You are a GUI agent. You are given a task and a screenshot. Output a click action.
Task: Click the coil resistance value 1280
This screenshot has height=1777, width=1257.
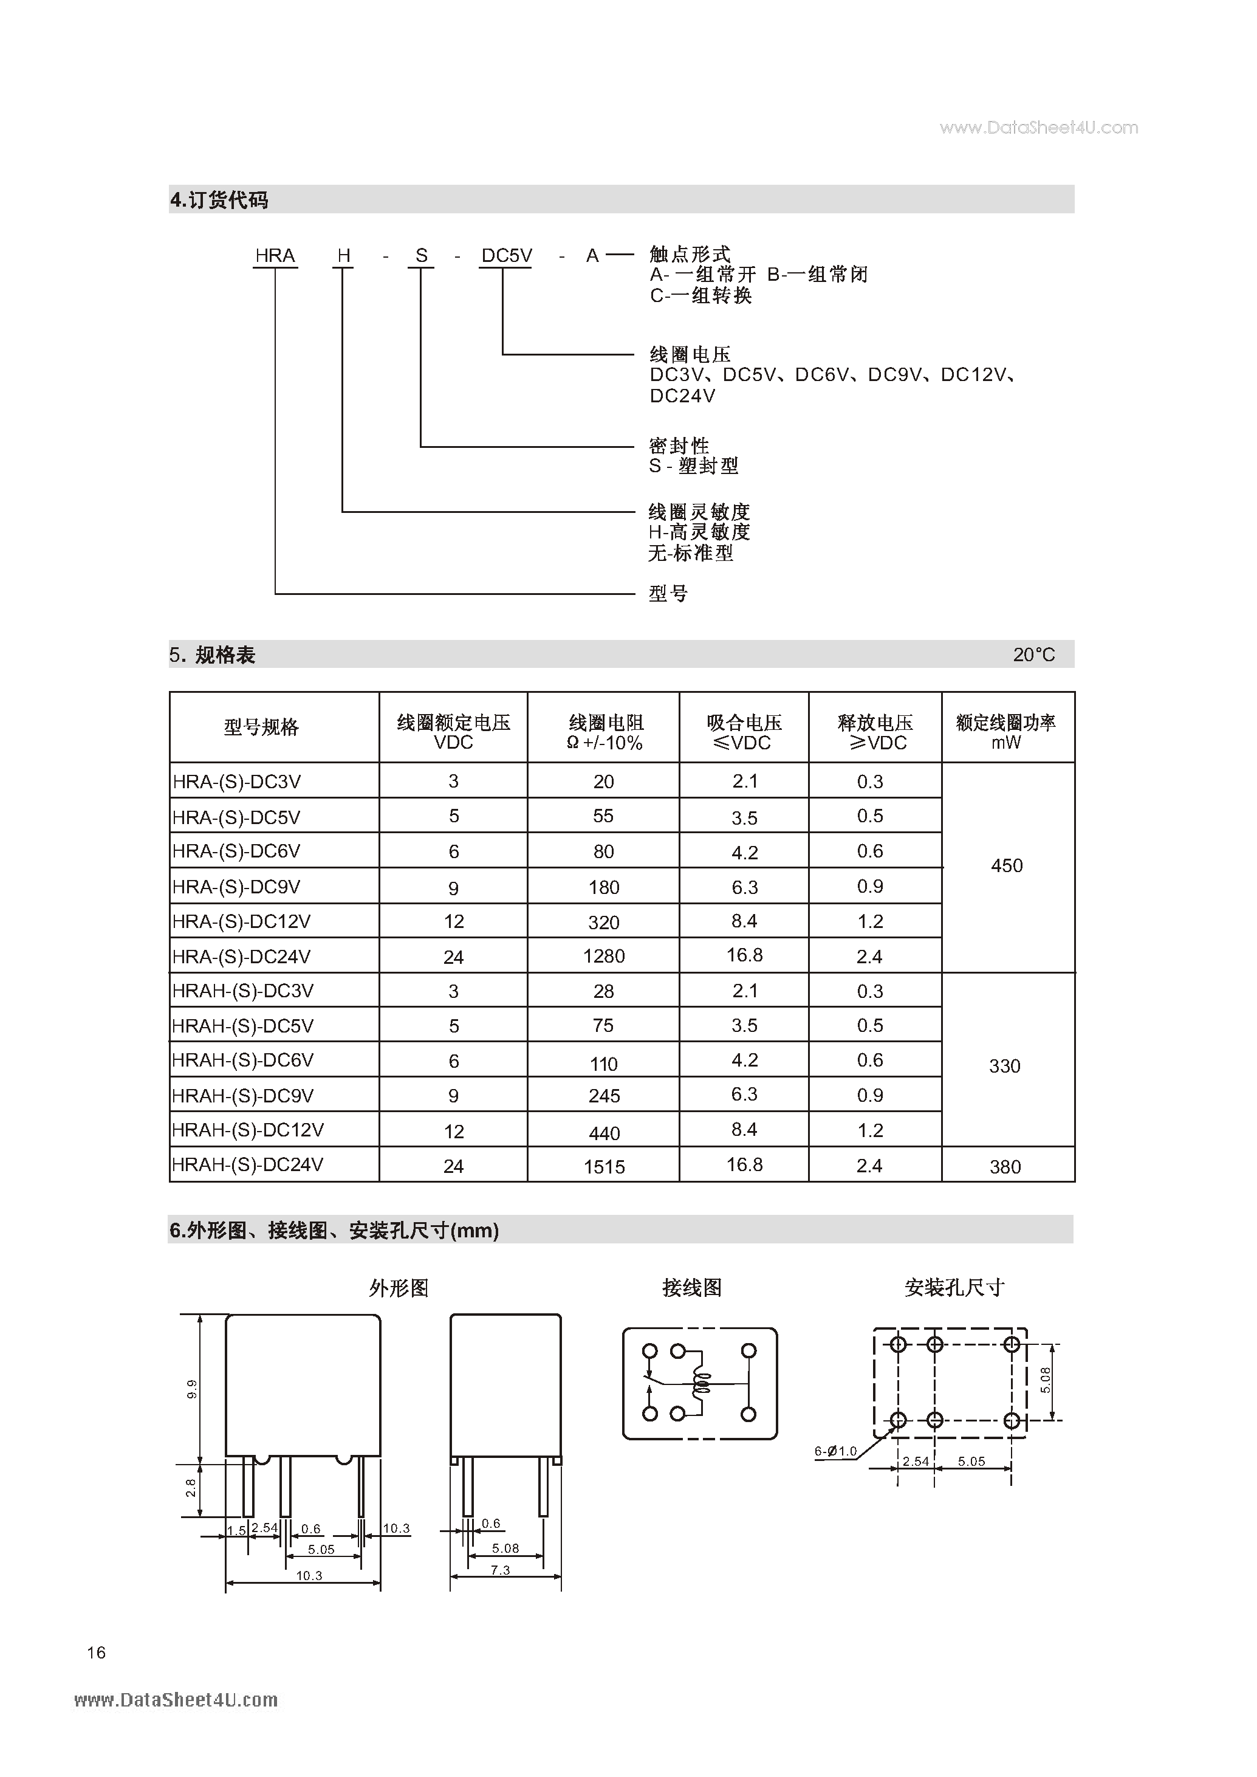(x=604, y=956)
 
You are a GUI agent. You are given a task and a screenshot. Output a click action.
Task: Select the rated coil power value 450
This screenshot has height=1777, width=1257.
(x=1006, y=865)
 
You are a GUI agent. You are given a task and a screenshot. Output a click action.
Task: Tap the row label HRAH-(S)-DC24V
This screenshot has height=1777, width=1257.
(x=248, y=1164)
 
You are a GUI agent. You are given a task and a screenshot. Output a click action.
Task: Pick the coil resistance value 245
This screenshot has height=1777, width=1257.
(x=604, y=1096)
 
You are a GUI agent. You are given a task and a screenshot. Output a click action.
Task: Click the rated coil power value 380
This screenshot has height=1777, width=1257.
(x=1005, y=1167)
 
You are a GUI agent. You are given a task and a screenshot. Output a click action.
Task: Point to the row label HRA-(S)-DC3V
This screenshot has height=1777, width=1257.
(x=237, y=782)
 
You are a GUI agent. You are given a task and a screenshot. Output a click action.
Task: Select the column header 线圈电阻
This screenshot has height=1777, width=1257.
(x=606, y=723)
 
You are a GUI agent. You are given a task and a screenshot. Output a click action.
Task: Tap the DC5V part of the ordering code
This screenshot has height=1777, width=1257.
(x=506, y=255)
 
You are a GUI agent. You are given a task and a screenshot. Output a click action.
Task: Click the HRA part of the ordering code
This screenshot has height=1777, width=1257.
(x=275, y=255)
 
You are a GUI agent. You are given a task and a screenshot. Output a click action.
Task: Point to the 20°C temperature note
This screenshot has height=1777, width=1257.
(x=1033, y=655)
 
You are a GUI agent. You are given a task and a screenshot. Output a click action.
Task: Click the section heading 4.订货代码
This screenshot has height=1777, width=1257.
(x=219, y=200)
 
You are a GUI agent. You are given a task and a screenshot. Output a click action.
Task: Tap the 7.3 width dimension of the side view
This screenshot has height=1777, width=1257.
(x=500, y=1570)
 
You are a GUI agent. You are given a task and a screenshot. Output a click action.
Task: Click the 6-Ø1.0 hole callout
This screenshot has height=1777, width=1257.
(x=835, y=1450)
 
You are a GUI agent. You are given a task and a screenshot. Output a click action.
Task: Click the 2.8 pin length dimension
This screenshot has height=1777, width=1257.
(x=190, y=1487)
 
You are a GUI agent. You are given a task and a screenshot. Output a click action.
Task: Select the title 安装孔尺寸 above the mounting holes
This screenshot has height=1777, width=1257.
(x=954, y=1288)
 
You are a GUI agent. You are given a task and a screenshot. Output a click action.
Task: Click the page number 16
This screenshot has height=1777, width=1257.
(x=96, y=1652)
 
